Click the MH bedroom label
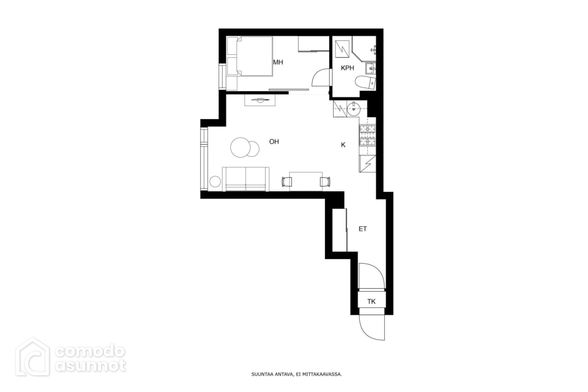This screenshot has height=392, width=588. [278, 62]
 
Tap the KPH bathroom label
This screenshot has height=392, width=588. [347, 68]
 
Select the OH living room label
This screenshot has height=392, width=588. [274, 142]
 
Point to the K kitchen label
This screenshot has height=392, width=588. [343, 145]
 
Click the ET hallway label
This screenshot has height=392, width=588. [363, 229]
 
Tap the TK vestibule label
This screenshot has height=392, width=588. [371, 301]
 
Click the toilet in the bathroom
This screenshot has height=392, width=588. [366, 82]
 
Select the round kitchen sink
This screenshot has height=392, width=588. [354, 108]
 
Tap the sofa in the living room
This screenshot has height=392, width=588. [245, 179]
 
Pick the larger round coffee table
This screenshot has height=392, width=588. [240, 147]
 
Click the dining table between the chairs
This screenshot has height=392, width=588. [306, 181]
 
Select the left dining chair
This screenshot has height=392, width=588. [287, 182]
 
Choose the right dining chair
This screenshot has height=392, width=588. [325, 182]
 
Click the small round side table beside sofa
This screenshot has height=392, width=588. [215, 182]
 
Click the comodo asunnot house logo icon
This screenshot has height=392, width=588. [32, 357]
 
